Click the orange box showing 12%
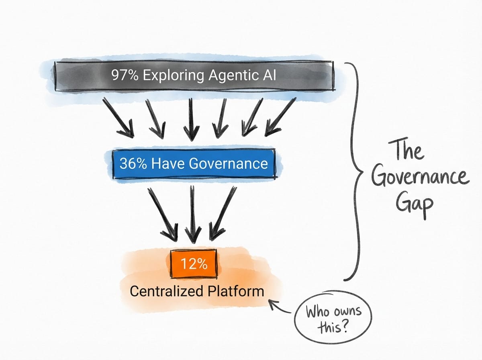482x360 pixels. [x=194, y=264]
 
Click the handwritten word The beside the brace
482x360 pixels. [x=408, y=151]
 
